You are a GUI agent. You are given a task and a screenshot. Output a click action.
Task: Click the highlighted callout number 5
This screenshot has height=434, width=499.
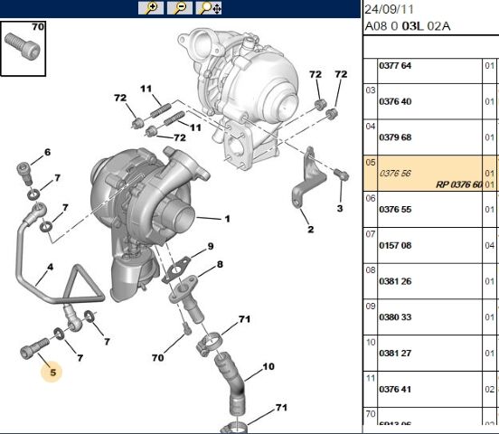click(x=52, y=371)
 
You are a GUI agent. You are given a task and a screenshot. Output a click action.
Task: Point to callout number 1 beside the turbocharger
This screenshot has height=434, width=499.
click(x=227, y=219)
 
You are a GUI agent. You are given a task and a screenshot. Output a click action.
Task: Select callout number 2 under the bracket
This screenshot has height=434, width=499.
click(x=310, y=229)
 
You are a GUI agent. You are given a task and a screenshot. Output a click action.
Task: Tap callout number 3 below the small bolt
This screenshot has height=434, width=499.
click(x=340, y=209)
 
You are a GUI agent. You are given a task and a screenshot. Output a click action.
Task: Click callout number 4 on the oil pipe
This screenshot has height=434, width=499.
click(x=51, y=268)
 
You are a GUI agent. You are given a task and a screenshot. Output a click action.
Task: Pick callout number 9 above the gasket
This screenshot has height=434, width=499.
click(x=210, y=247)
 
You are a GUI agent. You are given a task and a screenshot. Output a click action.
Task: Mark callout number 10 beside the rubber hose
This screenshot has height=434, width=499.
click(x=268, y=367)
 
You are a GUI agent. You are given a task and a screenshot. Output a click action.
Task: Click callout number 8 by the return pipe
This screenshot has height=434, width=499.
click(x=219, y=264)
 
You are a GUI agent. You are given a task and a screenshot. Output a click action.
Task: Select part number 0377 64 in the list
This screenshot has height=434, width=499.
click(x=394, y=66)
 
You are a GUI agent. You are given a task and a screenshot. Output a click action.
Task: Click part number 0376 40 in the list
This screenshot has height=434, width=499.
click(x=394, y=101)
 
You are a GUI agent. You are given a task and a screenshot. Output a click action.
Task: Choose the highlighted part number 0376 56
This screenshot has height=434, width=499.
click(x=394, y=172)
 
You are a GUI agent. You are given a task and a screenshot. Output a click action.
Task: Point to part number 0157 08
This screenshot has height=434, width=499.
click(x=394, y=244)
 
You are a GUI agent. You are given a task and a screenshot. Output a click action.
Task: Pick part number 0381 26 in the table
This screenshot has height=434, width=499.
click(x=394, y=280)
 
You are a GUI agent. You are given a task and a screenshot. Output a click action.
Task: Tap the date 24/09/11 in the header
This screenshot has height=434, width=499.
click(x=389, y=11)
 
